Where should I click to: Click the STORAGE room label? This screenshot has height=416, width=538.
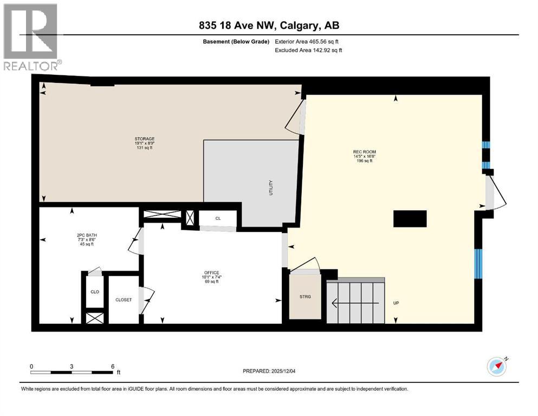click(x=145, y=139)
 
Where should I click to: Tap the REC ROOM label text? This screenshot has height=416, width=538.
click(x=364, y=152)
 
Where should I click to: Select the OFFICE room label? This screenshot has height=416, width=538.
click(x=212, y=272)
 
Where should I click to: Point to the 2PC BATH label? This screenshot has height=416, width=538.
click(x=86, y=235)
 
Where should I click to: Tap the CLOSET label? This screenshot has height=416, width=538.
click(x=124, y=300)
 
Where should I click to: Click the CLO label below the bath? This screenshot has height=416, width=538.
click(x=93, y=291)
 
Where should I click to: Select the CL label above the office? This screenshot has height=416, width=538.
click(x=218, y=218)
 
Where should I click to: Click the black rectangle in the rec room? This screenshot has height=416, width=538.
click(x=410, y=219)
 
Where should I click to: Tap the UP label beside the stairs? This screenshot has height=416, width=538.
click(x=396, y=303)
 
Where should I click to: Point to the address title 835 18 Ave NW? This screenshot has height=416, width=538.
click(x=269, y=25)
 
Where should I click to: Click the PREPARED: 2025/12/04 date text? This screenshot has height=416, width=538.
click(x=269, y=371)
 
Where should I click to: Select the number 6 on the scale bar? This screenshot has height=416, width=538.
click(x=112, y=366)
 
